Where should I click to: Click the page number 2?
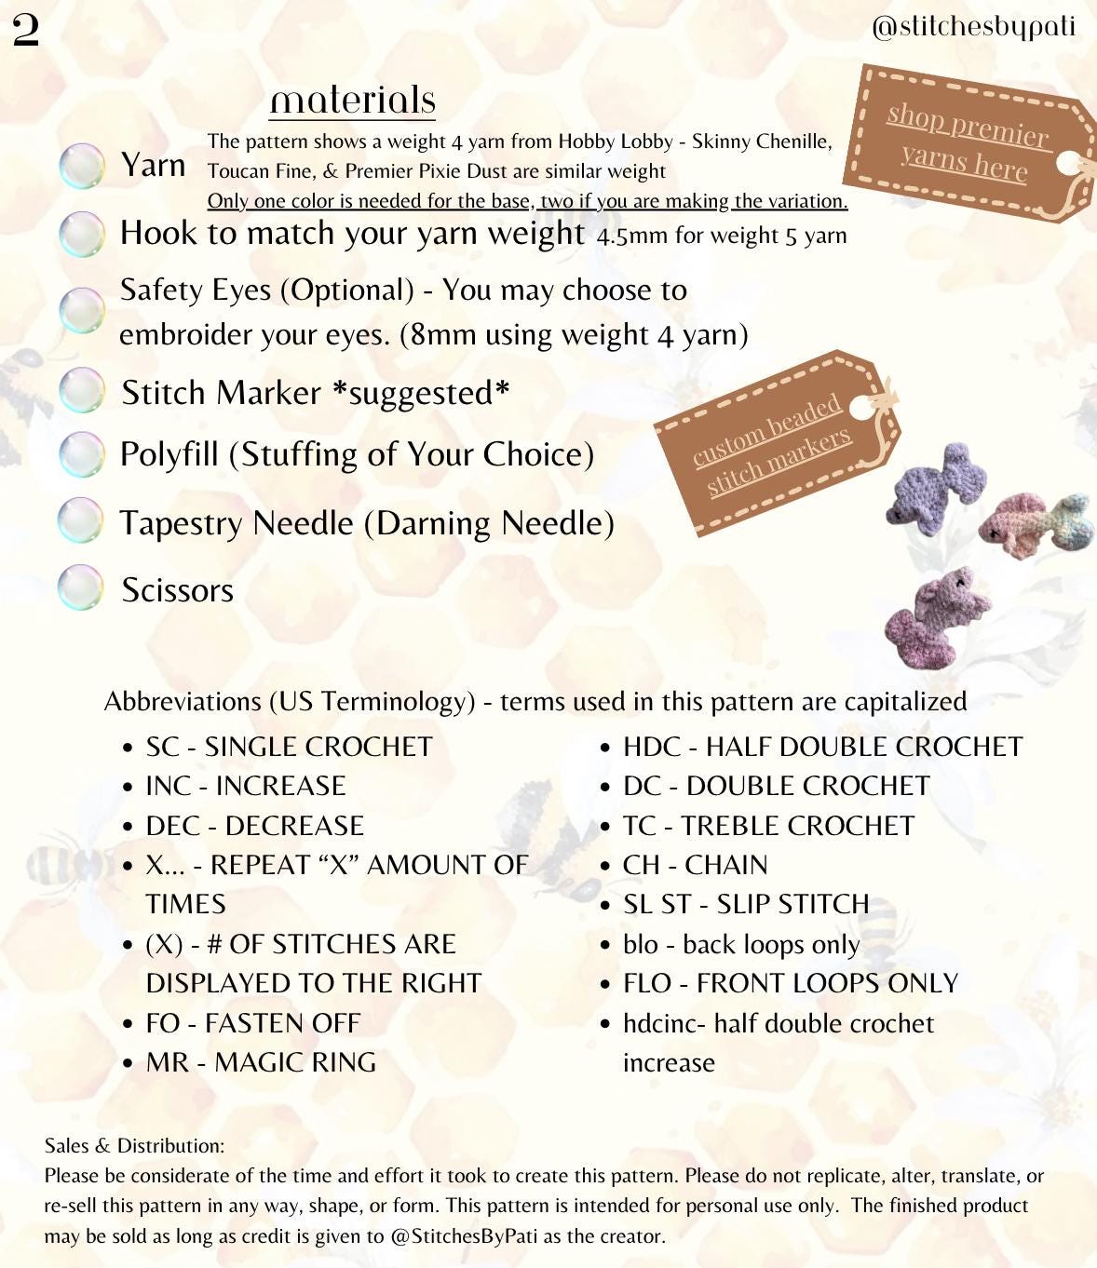(x=26, y=31)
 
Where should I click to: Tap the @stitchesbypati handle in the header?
(x=973, y=26)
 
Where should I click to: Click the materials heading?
(x=353, y=100)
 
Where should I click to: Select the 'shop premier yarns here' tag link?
(x=966, y=142)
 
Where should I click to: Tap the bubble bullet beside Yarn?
(x=81, y=167)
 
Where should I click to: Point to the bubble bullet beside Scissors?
(x=81, y=587)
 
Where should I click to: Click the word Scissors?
(x=177, y=590)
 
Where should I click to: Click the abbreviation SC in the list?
(x=162, y=747)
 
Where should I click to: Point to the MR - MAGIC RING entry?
(x=261, y=1062)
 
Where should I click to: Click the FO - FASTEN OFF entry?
(x=252, y=1023)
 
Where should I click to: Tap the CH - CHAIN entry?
(x=695, y=865)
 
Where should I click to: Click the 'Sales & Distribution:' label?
(x=134, y=1145)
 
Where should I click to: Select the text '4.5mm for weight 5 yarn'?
(x=722, y=236)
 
